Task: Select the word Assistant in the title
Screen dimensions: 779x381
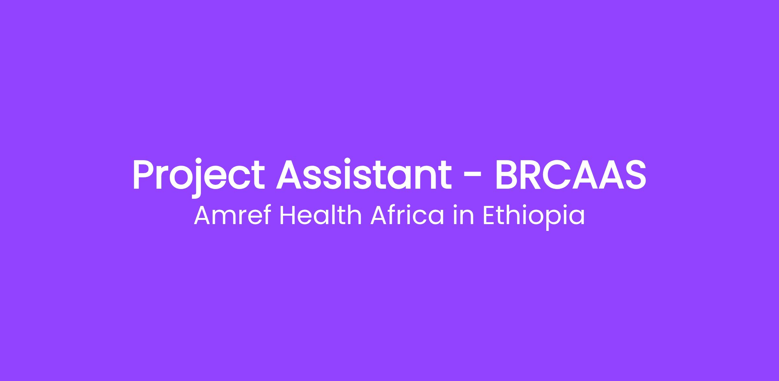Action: click(x=364, y=174)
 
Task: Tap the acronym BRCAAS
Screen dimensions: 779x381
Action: click(x=570, y=174)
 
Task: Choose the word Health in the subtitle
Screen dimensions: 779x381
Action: click(x=320, y=216)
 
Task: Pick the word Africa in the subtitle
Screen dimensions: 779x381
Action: click(x=407, y=216)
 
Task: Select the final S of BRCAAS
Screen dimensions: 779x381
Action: click(x=634, y=174)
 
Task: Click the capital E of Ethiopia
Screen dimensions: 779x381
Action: click(x=489, y=216)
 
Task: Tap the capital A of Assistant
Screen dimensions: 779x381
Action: click(x=290, y=174)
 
